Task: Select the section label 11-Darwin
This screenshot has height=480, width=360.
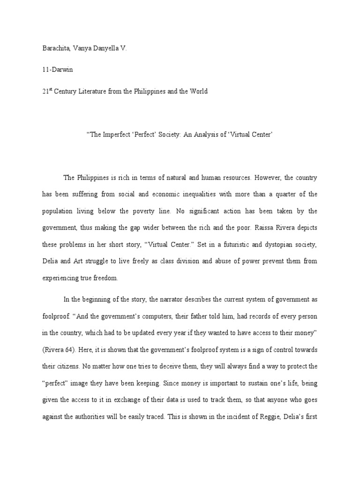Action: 54,70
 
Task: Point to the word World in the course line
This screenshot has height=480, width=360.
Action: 196,91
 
